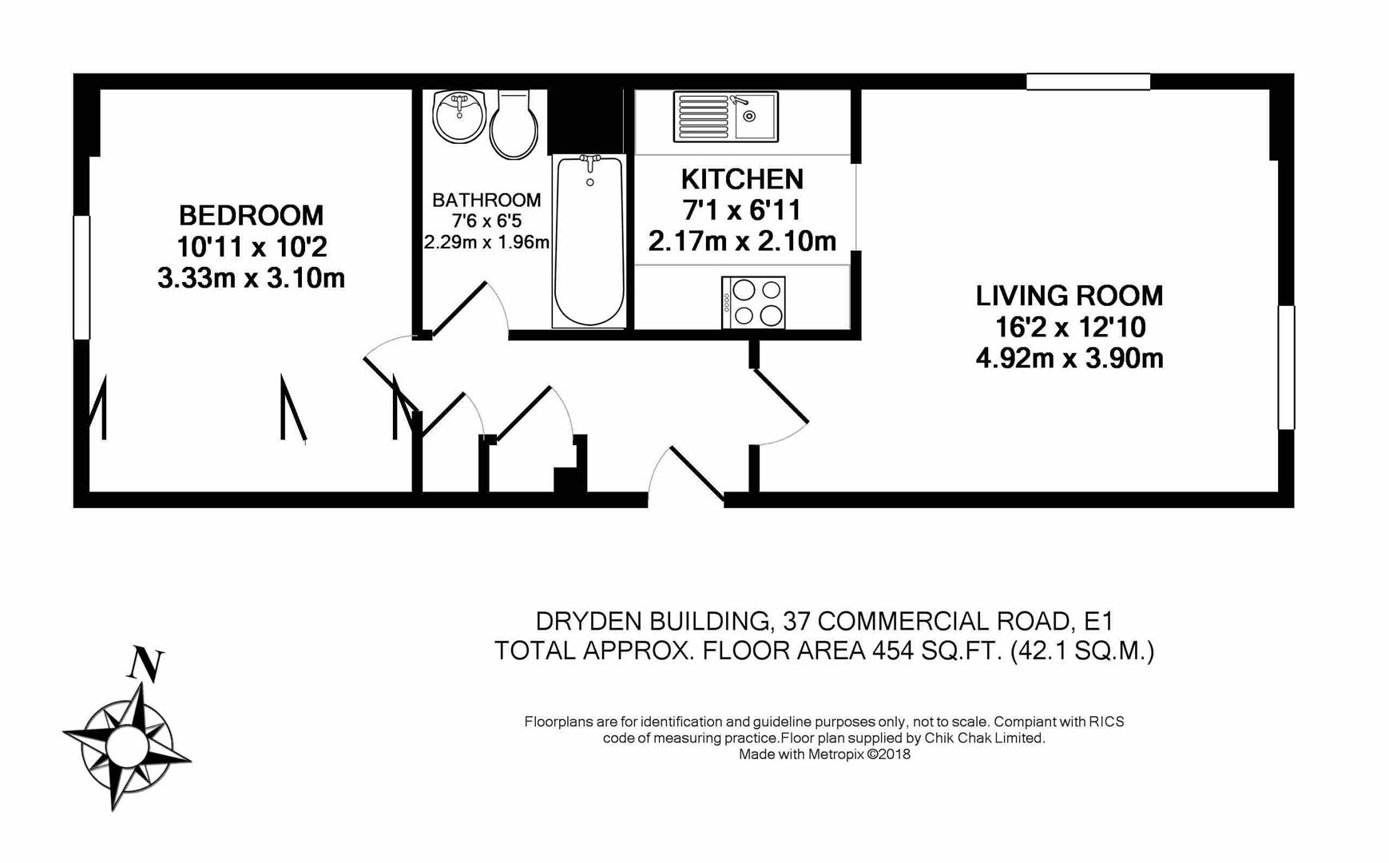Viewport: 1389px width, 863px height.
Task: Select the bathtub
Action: coord(589,241)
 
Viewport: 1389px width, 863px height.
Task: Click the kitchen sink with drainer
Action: coord(725,117)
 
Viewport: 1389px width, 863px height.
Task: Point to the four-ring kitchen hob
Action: coord(753,302)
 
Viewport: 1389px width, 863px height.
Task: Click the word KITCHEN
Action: coord(742,179)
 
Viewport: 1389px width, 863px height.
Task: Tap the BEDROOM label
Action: coord(251,216)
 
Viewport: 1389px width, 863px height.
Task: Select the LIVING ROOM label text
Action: coord(1069,296)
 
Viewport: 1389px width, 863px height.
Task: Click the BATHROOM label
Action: coord(486,200)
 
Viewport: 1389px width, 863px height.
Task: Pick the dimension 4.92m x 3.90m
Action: coord(1069,359)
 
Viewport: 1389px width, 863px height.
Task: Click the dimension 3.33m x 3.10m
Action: coord(251,278)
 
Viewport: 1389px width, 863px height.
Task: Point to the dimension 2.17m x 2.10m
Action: coord(742,241)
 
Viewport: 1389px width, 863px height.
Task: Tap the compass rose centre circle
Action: coord(126,744)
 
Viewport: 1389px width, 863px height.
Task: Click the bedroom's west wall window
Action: coord(81,277)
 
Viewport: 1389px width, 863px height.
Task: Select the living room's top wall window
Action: coord(1088,82)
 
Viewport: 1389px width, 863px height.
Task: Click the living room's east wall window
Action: coord(1286,368)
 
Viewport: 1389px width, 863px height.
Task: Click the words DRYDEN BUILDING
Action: coord(652,621)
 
